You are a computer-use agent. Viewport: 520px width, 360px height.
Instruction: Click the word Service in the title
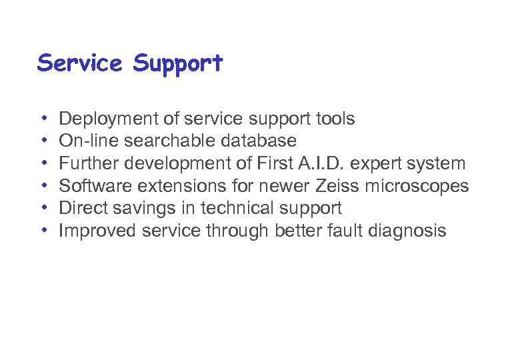click(80, 63)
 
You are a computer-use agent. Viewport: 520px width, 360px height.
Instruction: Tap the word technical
click(237, 209)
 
